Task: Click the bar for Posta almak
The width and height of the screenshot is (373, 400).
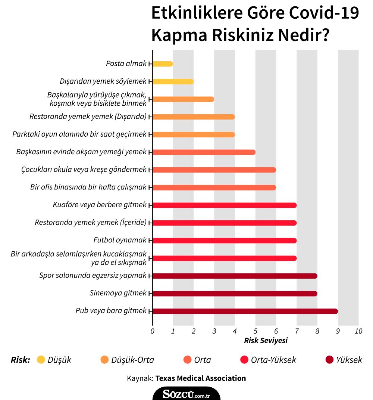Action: click(163, 64)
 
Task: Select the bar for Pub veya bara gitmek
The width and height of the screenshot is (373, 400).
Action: click(245, 311)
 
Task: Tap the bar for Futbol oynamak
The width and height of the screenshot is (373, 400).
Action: click(225, 241)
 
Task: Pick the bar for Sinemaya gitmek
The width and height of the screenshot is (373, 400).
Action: click(235, 294)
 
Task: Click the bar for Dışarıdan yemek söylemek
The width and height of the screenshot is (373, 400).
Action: click(173, 81)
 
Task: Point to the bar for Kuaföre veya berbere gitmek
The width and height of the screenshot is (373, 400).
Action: click(225, 205)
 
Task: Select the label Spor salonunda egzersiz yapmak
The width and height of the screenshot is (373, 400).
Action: click(93, 276)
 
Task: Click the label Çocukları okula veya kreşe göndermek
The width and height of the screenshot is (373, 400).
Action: click(84, 170)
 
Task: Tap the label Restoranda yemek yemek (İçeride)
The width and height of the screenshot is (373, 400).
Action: click(91, 223)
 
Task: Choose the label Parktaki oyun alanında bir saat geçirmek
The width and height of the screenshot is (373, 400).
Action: click(79, 134)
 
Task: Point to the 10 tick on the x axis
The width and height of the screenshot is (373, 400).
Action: click(358, 331)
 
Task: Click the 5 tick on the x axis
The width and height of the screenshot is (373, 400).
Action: click(256, 331)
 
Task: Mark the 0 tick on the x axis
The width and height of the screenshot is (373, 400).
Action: click(153, 331)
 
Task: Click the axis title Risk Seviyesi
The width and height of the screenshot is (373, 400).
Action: click(266, 341)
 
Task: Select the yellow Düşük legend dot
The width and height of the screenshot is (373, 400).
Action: click(41, 360)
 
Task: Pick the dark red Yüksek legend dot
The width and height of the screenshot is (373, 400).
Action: click(329, 360)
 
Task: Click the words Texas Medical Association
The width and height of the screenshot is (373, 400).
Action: click(201, 378)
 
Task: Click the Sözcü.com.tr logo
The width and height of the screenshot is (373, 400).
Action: click(186, 393)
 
